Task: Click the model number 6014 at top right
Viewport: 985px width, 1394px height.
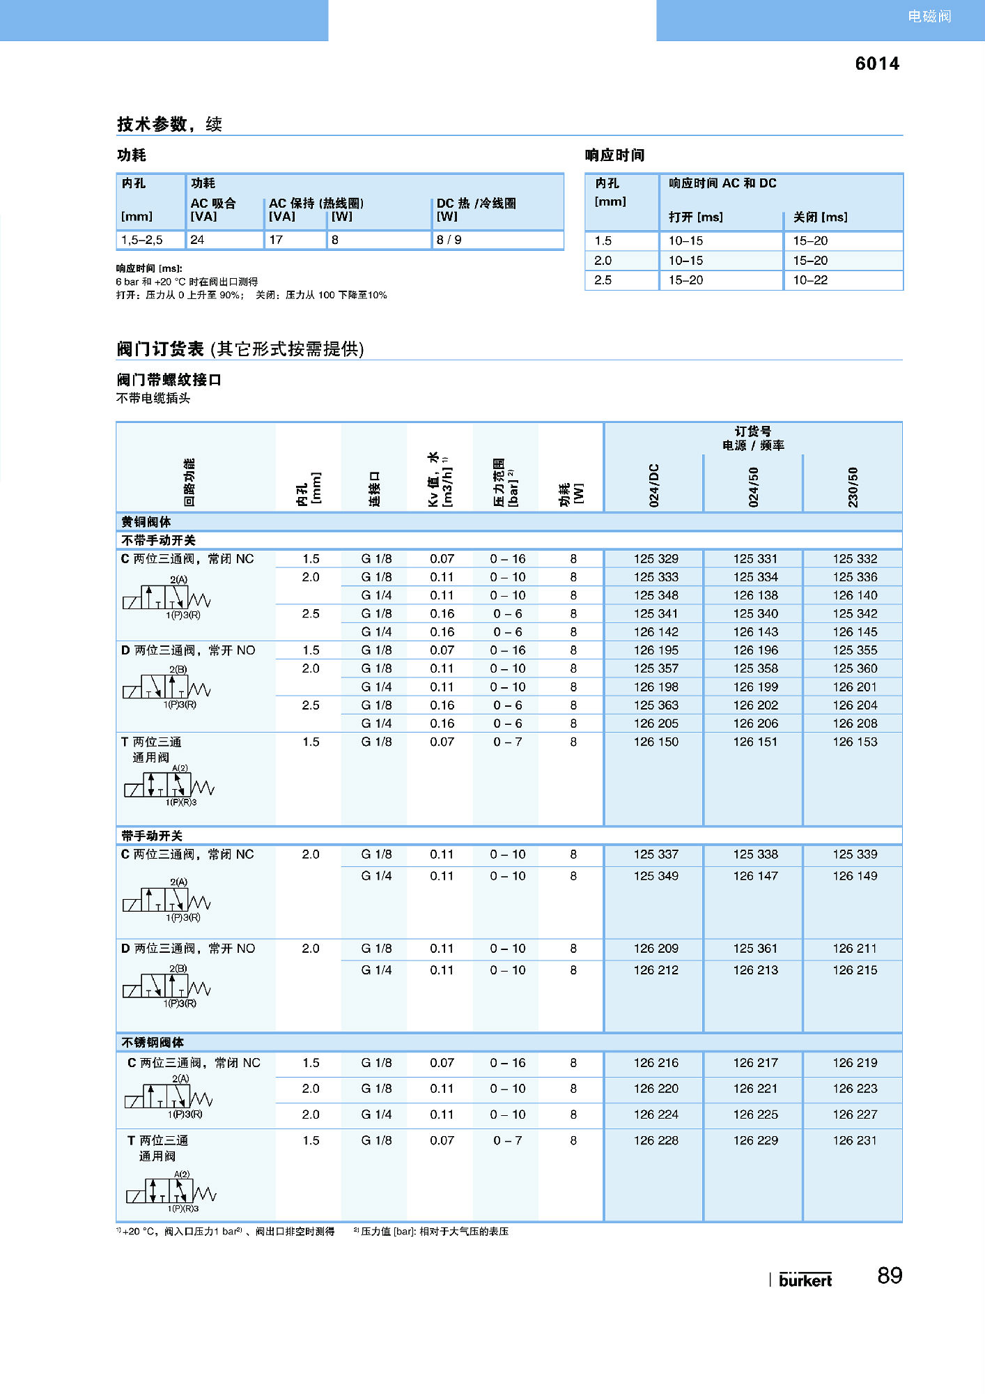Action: tap(876, 64)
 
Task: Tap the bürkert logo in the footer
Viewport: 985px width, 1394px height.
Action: tap(805, 1280)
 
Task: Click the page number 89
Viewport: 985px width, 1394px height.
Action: tap(890, 1276)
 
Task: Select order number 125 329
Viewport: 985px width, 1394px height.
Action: tap(656, 559)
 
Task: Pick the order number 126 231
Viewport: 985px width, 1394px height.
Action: tap(855, 1140)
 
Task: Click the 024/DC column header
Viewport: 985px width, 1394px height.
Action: tap(654, 485)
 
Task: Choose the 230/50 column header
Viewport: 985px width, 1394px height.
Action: tap(853, 487)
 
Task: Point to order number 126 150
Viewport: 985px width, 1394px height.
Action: tap(656, 742)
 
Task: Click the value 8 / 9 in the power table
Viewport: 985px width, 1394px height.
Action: tap(449, 240)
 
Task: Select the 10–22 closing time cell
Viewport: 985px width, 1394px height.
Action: tap(810, 280)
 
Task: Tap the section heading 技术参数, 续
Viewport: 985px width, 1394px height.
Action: tap(169, 124)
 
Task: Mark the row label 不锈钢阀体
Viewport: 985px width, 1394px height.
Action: tap(153, 1043)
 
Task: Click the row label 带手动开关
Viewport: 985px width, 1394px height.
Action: tap(152, 836)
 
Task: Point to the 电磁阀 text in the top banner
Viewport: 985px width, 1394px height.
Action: tap(929, 16)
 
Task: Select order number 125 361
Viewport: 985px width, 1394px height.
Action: tap(755, 949)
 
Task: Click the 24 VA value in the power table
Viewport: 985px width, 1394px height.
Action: tap(197, 240)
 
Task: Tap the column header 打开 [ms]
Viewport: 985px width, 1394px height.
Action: tap(695, 217)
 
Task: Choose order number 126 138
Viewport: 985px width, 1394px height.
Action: tap(755, 595)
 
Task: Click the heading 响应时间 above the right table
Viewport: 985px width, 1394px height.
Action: tap(614, 155)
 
